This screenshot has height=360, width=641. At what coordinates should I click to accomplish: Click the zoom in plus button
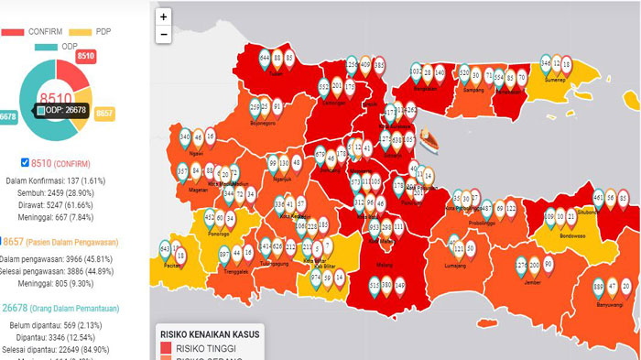click(163, 16)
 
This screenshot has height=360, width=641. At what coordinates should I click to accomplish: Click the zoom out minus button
click(163, 35)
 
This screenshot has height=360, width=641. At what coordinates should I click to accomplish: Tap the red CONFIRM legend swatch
click(13, 31)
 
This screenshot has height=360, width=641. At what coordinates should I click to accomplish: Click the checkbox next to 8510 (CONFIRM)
click(25, 162)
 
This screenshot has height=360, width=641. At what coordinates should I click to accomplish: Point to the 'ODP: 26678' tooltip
click(63, 111)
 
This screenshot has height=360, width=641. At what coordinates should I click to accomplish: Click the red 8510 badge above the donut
click(86, 57)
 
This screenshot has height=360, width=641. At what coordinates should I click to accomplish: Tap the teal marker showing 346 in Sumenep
click(546, 64)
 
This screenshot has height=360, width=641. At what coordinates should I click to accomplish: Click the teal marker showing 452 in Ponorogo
click(210, 219)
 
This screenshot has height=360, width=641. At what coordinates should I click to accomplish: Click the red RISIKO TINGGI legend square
click(166, 349)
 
